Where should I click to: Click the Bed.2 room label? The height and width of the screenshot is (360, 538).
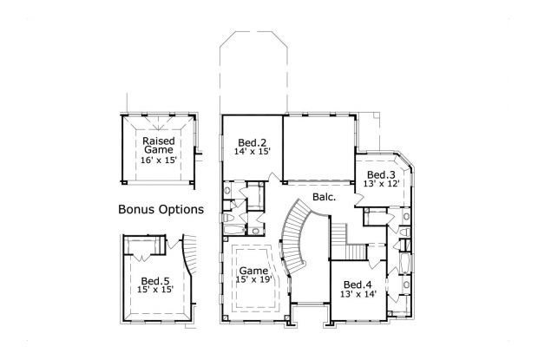pos(252,141)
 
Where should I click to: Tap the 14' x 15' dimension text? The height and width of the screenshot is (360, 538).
pos(253,151)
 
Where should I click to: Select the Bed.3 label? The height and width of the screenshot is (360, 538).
pos(381,175)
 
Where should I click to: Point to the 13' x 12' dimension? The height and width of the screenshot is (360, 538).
pos(381,185)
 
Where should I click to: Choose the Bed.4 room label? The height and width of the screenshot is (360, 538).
pos(358,285)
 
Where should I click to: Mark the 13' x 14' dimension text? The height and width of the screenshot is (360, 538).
pos(358,295)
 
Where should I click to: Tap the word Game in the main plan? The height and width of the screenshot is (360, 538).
pos(254,271)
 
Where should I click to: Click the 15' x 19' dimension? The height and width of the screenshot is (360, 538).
pos(254,280)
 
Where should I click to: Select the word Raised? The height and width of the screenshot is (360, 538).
pos(160,140)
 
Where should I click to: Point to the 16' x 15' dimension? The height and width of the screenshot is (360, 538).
pos(160,160)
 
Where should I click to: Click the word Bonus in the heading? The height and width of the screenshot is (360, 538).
pos(137,210)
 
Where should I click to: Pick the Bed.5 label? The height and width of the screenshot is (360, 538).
pos(156,280)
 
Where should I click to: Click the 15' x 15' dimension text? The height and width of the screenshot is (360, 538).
pos(156,290)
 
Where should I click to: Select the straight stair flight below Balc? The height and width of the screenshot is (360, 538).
pos(338,233)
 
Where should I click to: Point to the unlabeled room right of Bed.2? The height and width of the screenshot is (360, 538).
pos(318,147)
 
